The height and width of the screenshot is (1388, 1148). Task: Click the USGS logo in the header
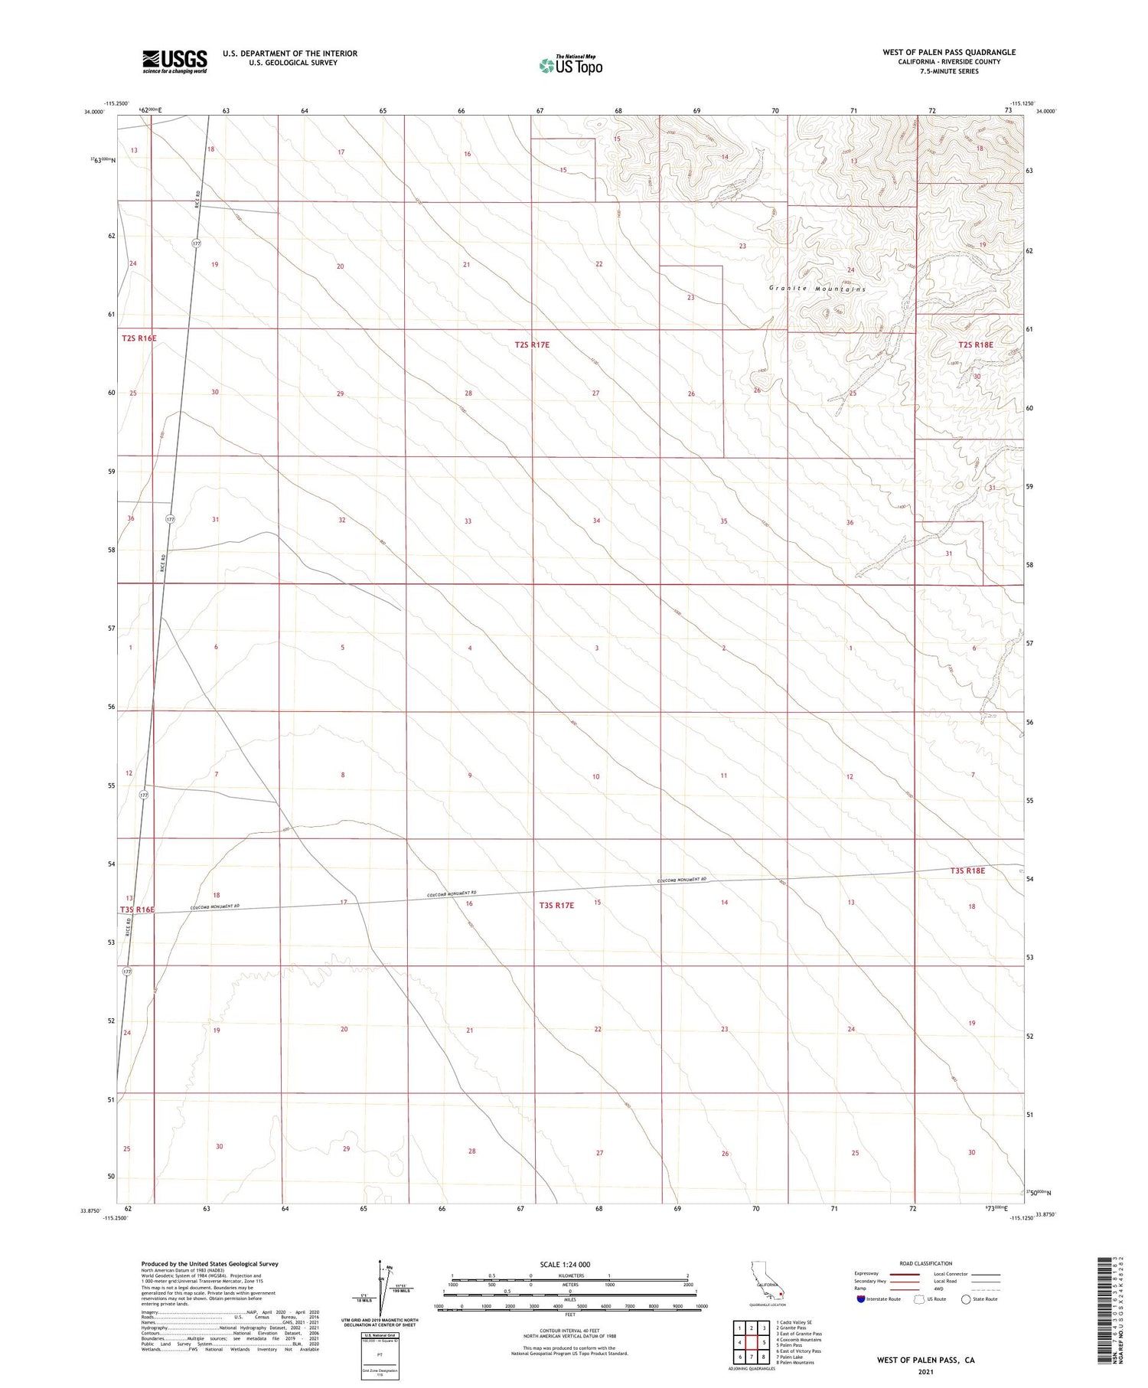tap(174, 61)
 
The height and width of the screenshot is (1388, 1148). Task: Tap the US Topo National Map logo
tap(570, 65)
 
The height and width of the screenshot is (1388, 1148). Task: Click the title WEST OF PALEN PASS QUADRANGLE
tap(949, 52)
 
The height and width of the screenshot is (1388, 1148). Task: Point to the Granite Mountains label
tap(817, 289)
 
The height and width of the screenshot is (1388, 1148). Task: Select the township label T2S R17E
tap(532, 345)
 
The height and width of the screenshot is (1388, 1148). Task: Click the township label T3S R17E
tap(556, 905)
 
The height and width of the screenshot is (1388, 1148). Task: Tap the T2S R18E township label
tap(976, 345)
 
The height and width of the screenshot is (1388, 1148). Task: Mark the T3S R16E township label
tap(138, 910)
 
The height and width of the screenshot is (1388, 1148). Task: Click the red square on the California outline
tap(780, 1295)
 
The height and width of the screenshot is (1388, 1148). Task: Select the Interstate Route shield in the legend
tap(861, 1299)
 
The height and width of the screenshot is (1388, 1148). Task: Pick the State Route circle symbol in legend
tap(966, 1299)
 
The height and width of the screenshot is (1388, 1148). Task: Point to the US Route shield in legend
tap(919, 1299)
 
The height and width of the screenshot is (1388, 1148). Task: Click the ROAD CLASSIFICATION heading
tap(926, 1263)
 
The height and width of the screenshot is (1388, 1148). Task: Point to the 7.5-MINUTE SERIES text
tap(949, 71)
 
